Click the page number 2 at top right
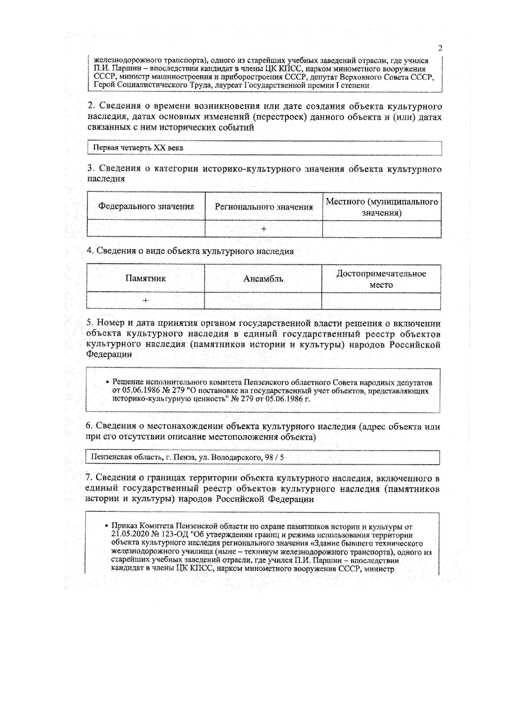440,48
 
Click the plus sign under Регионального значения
264,229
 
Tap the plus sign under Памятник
146,301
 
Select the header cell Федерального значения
146,207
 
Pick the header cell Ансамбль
263,279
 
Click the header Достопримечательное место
381,279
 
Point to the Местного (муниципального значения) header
382,207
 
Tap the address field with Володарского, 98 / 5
187,458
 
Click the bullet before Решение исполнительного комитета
107,382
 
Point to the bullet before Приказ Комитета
106,527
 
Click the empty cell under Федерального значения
146,229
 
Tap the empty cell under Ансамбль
263,301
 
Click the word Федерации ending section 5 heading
109,354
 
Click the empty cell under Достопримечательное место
381,301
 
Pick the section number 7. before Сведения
89,478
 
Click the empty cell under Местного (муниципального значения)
382,229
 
